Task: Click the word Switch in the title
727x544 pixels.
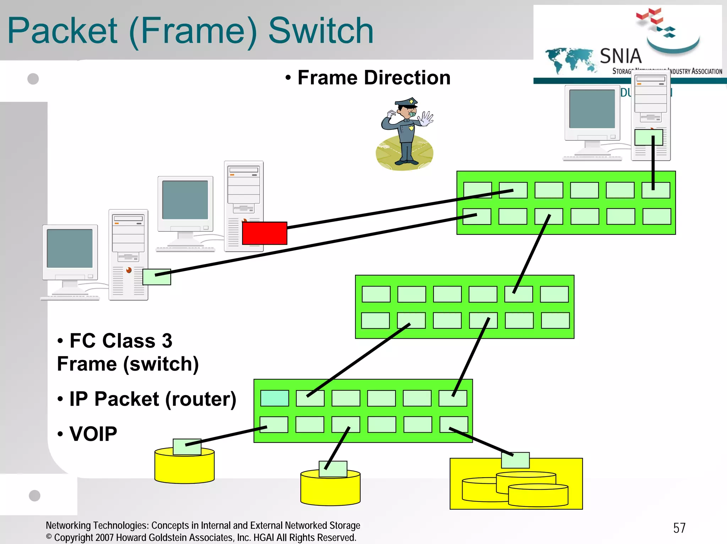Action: [x=321, y=31]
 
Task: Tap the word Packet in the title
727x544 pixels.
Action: [x=62, y=31]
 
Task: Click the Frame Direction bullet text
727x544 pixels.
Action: [x=373, y=78]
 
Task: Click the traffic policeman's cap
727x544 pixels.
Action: [x=407, y=102]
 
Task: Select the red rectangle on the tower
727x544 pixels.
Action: [x=264, y=233]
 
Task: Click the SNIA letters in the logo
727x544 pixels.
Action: [x=621, y=56]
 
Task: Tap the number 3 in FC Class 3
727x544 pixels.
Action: [x=167, y=341]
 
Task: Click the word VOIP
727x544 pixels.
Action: [x=93, y=434]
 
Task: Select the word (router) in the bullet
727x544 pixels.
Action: [x=201, y=399]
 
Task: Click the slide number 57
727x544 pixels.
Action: [x=679, y=528]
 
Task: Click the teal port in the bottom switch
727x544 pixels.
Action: [x=274, y=398]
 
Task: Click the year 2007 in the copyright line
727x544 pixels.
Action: [x=104, y=538]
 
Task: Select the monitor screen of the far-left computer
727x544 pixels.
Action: [x=70, y=248]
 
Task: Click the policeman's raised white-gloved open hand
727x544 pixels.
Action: [x=426, y=119]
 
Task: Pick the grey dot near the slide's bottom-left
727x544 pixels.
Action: [x=34, y=495]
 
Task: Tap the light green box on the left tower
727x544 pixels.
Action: [x=157, y=277]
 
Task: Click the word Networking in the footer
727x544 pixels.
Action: [x=68, y=525]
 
